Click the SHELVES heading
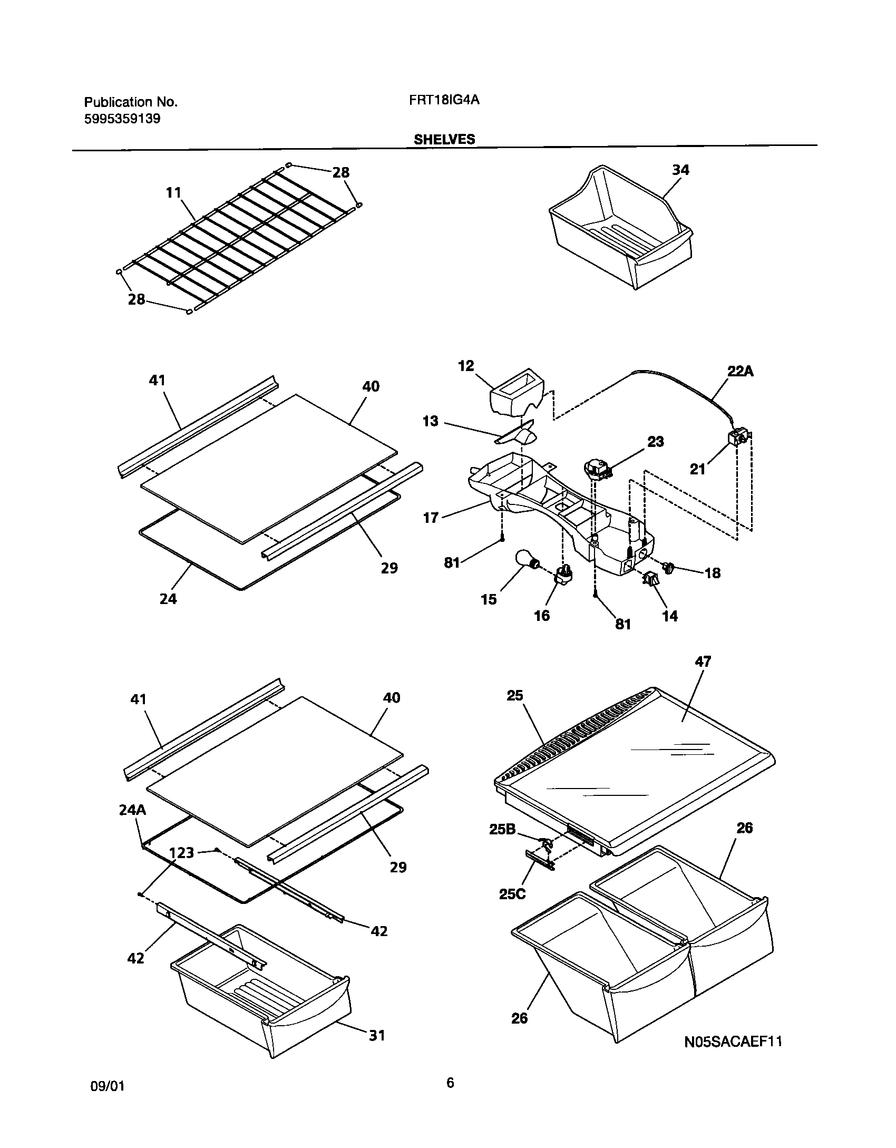pos(444,139)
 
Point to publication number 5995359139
pos(122,119)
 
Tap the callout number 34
pos(680,170)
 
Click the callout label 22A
pos(741,371)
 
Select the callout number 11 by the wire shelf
pos(173,193)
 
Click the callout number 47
pos(703,661)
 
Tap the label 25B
pos(502,830)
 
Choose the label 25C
pos(512,894)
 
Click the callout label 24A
pos(132,810)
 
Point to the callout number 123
pos(181,852)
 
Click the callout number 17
pos(431,518)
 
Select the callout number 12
pos(466,365)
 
